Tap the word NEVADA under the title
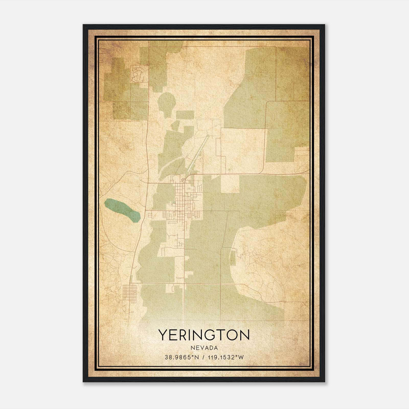(204, 348)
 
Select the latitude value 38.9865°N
(182, 357)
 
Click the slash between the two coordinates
(203, 357)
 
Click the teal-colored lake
(122, 210)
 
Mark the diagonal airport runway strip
(198, 153)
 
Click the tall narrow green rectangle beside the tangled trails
(232, 258)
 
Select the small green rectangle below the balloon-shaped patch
(185, 115)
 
